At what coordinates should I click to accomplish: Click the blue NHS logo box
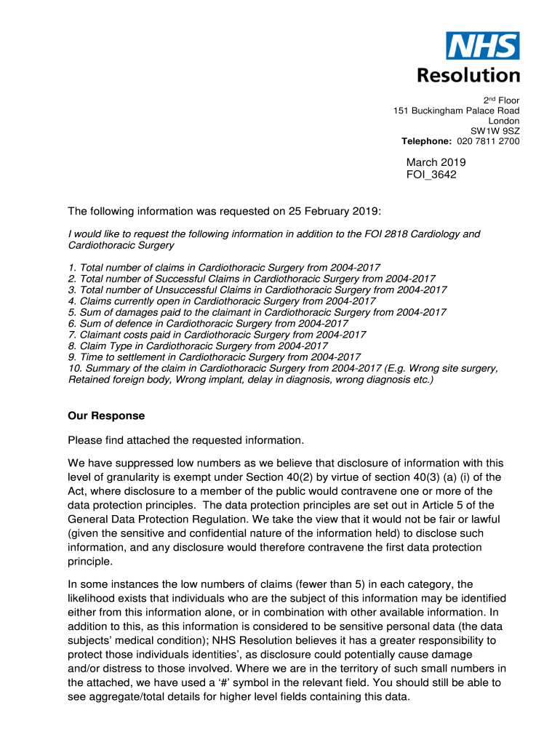point(483,46)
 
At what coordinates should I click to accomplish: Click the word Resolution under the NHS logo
point(468,75)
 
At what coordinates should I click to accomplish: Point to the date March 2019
point(436,162)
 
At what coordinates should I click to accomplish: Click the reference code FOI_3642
point(431,175)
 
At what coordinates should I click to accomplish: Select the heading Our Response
point(106,416)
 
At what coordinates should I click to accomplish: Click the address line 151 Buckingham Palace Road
point(456,111)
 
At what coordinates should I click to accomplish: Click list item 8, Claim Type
point(198,346)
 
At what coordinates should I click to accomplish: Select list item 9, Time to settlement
point(215,356)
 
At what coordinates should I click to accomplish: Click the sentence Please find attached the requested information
point(185,440)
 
